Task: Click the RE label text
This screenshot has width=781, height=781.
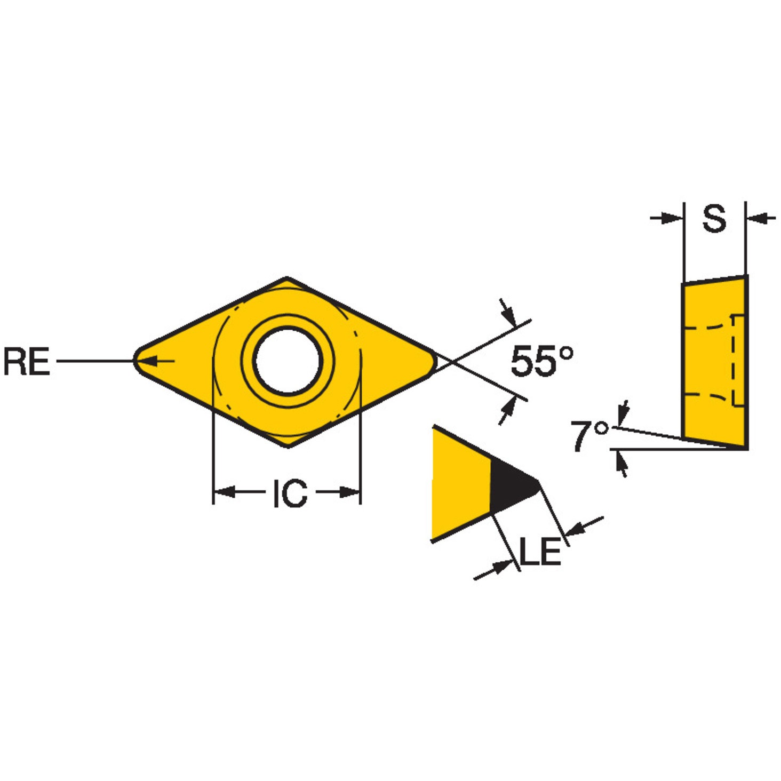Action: click(27, 361)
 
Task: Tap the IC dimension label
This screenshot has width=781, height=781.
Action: click(290, 493)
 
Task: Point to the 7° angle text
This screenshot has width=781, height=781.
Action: click(589, 436)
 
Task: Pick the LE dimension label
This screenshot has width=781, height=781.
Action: click(540, 552)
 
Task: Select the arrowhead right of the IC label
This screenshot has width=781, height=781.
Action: click(349, 492)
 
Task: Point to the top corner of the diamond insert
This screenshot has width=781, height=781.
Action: click(288, 278)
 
